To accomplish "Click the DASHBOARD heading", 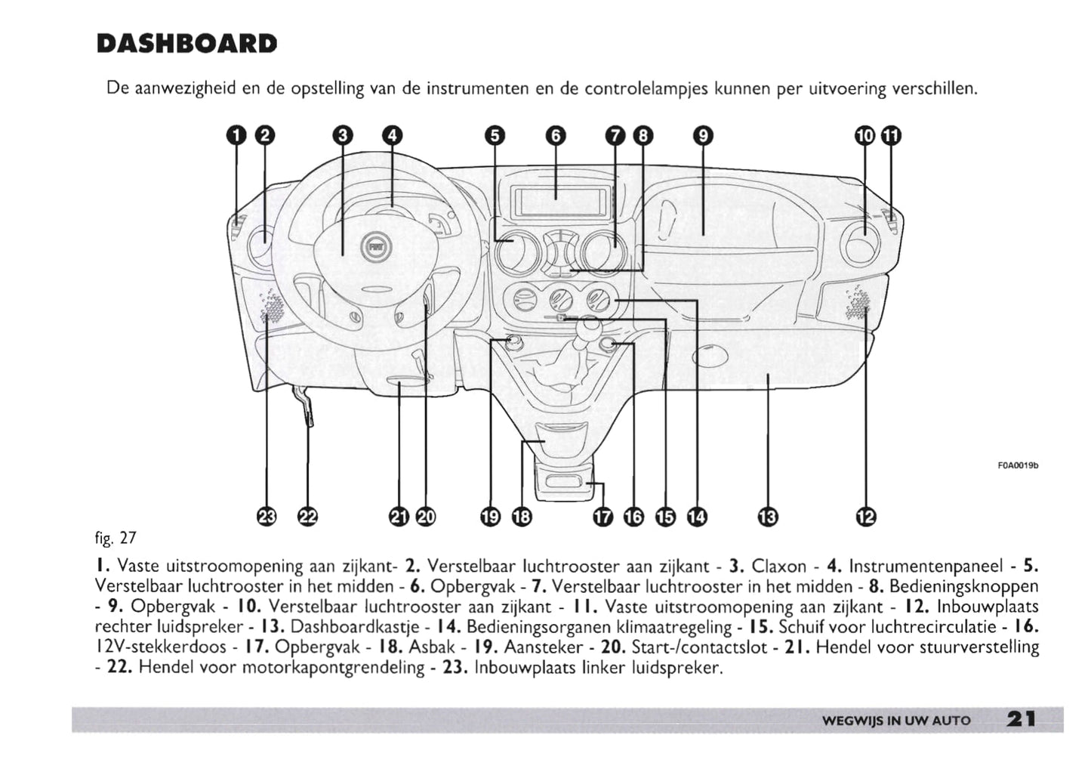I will [x=186, y=44].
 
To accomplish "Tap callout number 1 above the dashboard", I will [x=237, y=136].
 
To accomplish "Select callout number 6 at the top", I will [x=555, y=136].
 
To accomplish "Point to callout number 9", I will [x=702, y=136].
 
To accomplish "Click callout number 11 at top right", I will [x=892, y=136].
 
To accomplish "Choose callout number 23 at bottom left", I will [x=267, y=517].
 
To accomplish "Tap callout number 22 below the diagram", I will [x=308, y=517].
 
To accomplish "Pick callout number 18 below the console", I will [x=522, y=517].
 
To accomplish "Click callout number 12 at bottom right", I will [x=865, y=517].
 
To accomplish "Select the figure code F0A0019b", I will [x=1019, y=465].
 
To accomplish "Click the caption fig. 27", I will [x=116, y=538].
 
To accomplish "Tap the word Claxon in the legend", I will [x=778, y=566].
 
